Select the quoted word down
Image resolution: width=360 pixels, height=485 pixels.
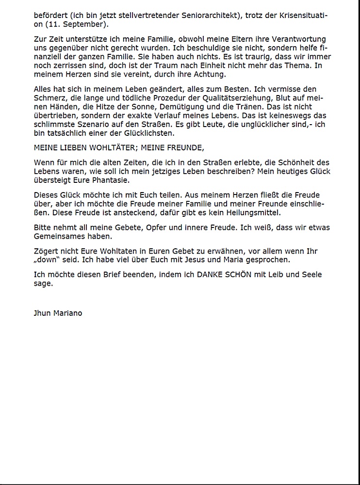[47, 259]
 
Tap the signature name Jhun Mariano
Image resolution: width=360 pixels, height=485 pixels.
[58, 313]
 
